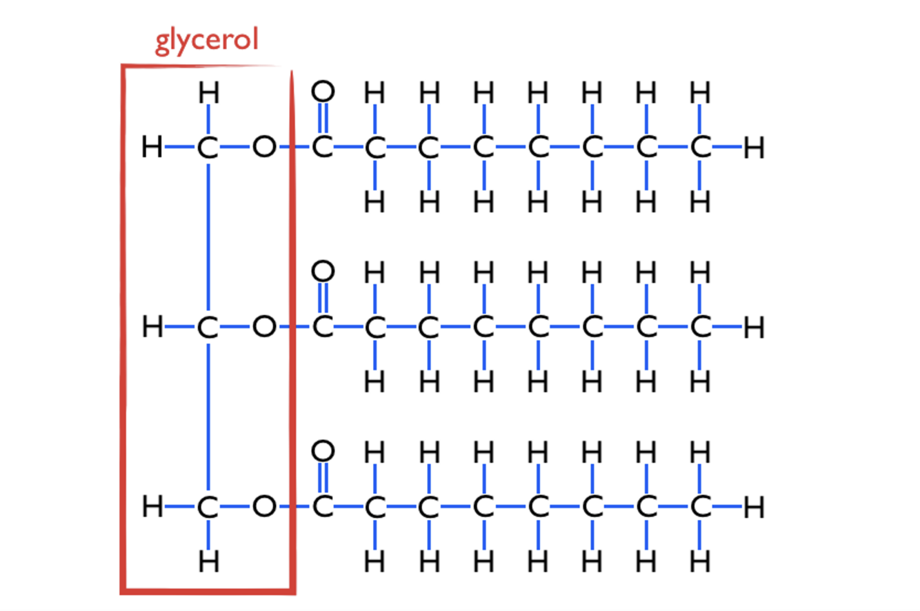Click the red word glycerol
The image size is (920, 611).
click(x=206, y=41)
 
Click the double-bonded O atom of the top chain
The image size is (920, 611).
click(x=322, y=91)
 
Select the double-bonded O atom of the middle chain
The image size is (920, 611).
click(x=322, y=272)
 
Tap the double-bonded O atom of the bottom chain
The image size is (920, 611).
click(x=322, y=452)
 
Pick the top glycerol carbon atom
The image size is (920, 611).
click(x=208, y=148)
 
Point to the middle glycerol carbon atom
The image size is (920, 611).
click(x=208, y=328)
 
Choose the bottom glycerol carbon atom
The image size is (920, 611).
click(x=208, y=508)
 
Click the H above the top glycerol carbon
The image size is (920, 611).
click(x=208, y=92)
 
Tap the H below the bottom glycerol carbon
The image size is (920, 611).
click(x=208, y=563)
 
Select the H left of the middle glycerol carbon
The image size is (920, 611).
click(x=152, y=328)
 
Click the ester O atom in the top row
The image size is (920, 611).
click(x=262, y=148)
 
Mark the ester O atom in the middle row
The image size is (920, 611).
click(x=262, y=328)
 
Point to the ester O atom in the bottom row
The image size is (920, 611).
click(x=262, y=508)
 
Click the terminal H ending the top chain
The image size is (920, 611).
click(x=754, y=148)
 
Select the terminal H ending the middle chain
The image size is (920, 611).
click(x=754, y=328)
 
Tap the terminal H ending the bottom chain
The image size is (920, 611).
click(x=754, y=508)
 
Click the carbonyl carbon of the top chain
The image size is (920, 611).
click(x=321, y=148)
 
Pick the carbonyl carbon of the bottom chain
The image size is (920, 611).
click(x=321, y=508)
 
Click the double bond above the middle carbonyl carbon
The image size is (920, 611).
click(x=322, y=299)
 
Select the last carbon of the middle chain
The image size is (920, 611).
click(x=699, y=328)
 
